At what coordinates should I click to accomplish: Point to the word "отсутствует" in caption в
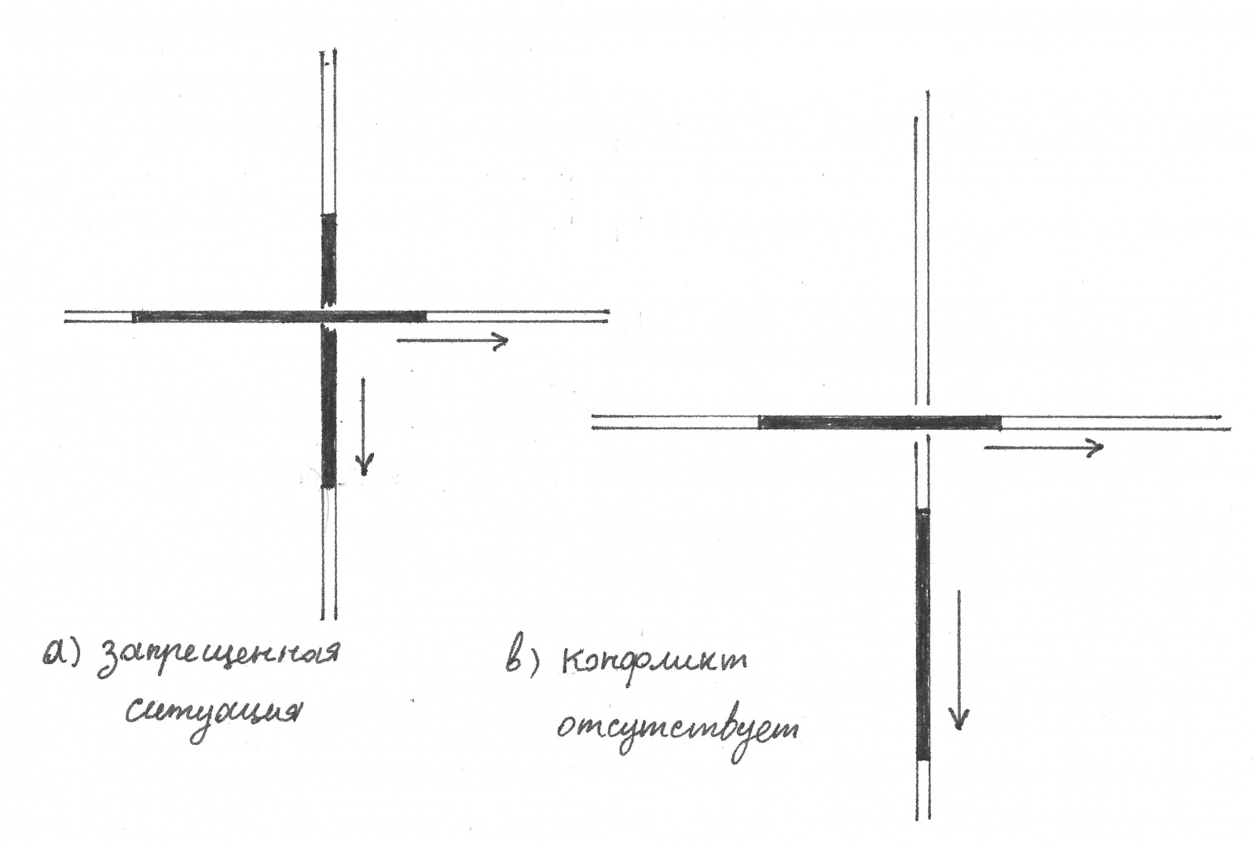(x=677, y=728)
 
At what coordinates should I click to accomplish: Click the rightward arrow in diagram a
(x=453, y=340)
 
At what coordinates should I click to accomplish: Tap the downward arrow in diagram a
(x=363, y=427)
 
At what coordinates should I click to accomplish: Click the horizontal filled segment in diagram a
(x=279, y=317)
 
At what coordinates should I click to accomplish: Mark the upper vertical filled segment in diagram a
(x=328, y=259)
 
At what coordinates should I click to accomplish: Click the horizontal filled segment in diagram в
(x=880, y=422)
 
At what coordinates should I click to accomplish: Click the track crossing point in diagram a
(x=328, y=317)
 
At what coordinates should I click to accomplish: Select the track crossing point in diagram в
(x=923, y=423)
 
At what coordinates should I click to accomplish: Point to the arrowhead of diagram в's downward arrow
(x=958, y=719)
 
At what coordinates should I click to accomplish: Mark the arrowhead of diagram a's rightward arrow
(x=501, y=340)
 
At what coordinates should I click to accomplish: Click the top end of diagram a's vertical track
(x=328, y=53)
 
